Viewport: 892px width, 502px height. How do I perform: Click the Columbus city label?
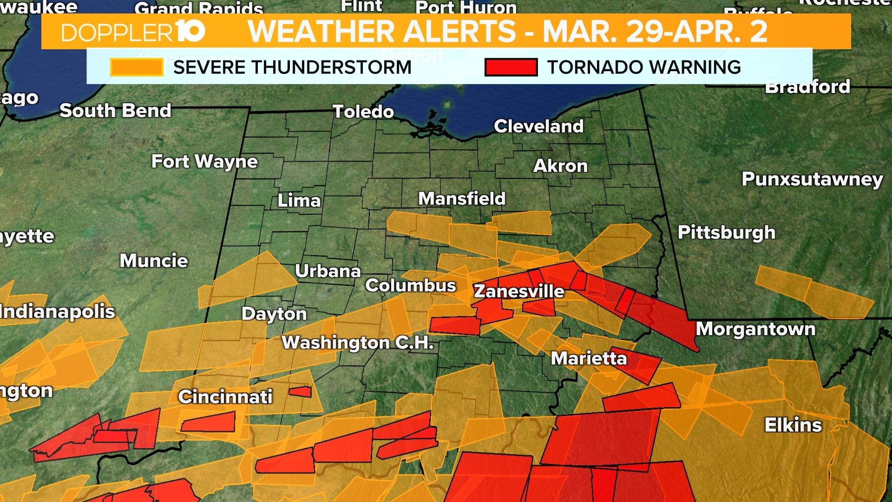click(x=411, y=285)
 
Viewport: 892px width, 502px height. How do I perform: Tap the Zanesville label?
click(x=519, y=291)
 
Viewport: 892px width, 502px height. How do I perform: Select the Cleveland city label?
click(x=538, y=126)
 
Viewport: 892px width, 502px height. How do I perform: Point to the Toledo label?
click(x=363, y=112)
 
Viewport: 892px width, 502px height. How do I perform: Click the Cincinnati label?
click(x=225, y=397)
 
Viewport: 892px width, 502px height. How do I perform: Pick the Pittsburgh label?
click(x=727, y=232)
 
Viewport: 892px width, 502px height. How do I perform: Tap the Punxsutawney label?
click(x=812, y=179)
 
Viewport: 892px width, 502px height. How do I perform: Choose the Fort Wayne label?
click(x=204, y=162)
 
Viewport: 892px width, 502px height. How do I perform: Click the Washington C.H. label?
click(x=358, y=343)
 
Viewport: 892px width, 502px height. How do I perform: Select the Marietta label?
click(x=589, y=358)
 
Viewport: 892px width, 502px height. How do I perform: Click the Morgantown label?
click(x=755, y=329)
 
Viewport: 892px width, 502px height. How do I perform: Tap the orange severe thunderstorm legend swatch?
click(x=137, y=67)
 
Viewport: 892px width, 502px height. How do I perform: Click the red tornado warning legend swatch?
click(x=511, y=67)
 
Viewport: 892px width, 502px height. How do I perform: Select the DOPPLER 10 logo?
click(x=133, y=32)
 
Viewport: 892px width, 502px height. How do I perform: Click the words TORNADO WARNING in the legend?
click(x=644, y=67)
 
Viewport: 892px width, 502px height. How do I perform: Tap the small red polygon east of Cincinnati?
click(x=300, y=392)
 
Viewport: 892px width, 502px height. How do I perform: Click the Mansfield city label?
click(x=462, y=199)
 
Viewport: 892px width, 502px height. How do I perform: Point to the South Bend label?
click(x=115, y=111)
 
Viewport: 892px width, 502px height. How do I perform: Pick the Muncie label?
click(x=154, y=261)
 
